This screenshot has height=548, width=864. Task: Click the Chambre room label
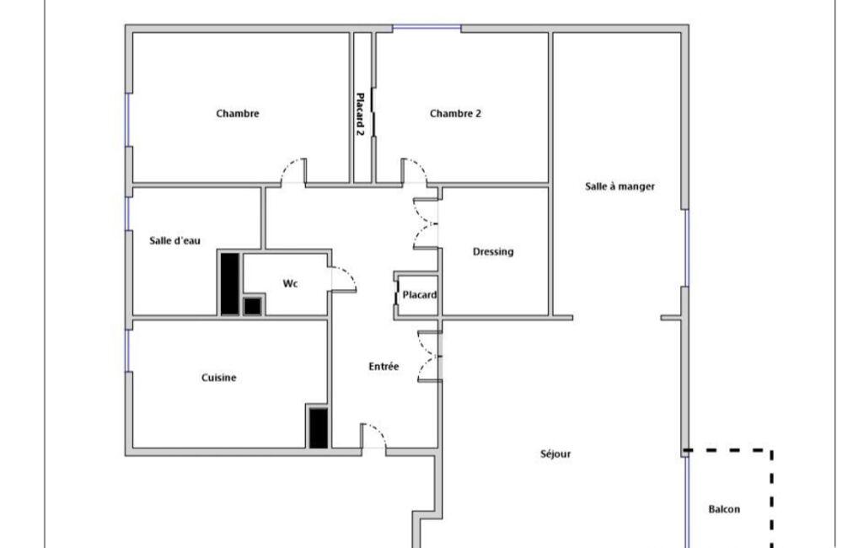point(238,114)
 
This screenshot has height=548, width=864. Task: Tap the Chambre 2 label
point(455,114)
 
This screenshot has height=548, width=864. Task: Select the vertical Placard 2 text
point(360,115)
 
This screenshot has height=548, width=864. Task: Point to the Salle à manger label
point(620,186)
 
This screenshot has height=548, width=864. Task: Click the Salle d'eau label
point(174,240)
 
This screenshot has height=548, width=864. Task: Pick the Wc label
point(290,283)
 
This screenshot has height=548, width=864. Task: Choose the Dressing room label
point(493,252)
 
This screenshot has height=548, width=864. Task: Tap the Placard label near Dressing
point(420,295)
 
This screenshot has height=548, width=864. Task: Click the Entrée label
point(384,366)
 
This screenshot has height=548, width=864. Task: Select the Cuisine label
point(219,378)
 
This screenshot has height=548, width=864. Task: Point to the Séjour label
point(555,454)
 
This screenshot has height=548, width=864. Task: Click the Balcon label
point(724,509)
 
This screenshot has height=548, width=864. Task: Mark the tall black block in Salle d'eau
point(230,283)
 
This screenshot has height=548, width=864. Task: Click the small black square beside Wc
point(252,306)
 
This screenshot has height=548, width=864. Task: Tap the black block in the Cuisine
point(319,427)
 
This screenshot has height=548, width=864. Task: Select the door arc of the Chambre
point(287,165)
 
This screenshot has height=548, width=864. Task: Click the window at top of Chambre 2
point(427,27)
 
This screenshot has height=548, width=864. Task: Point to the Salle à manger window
point(687,248)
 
